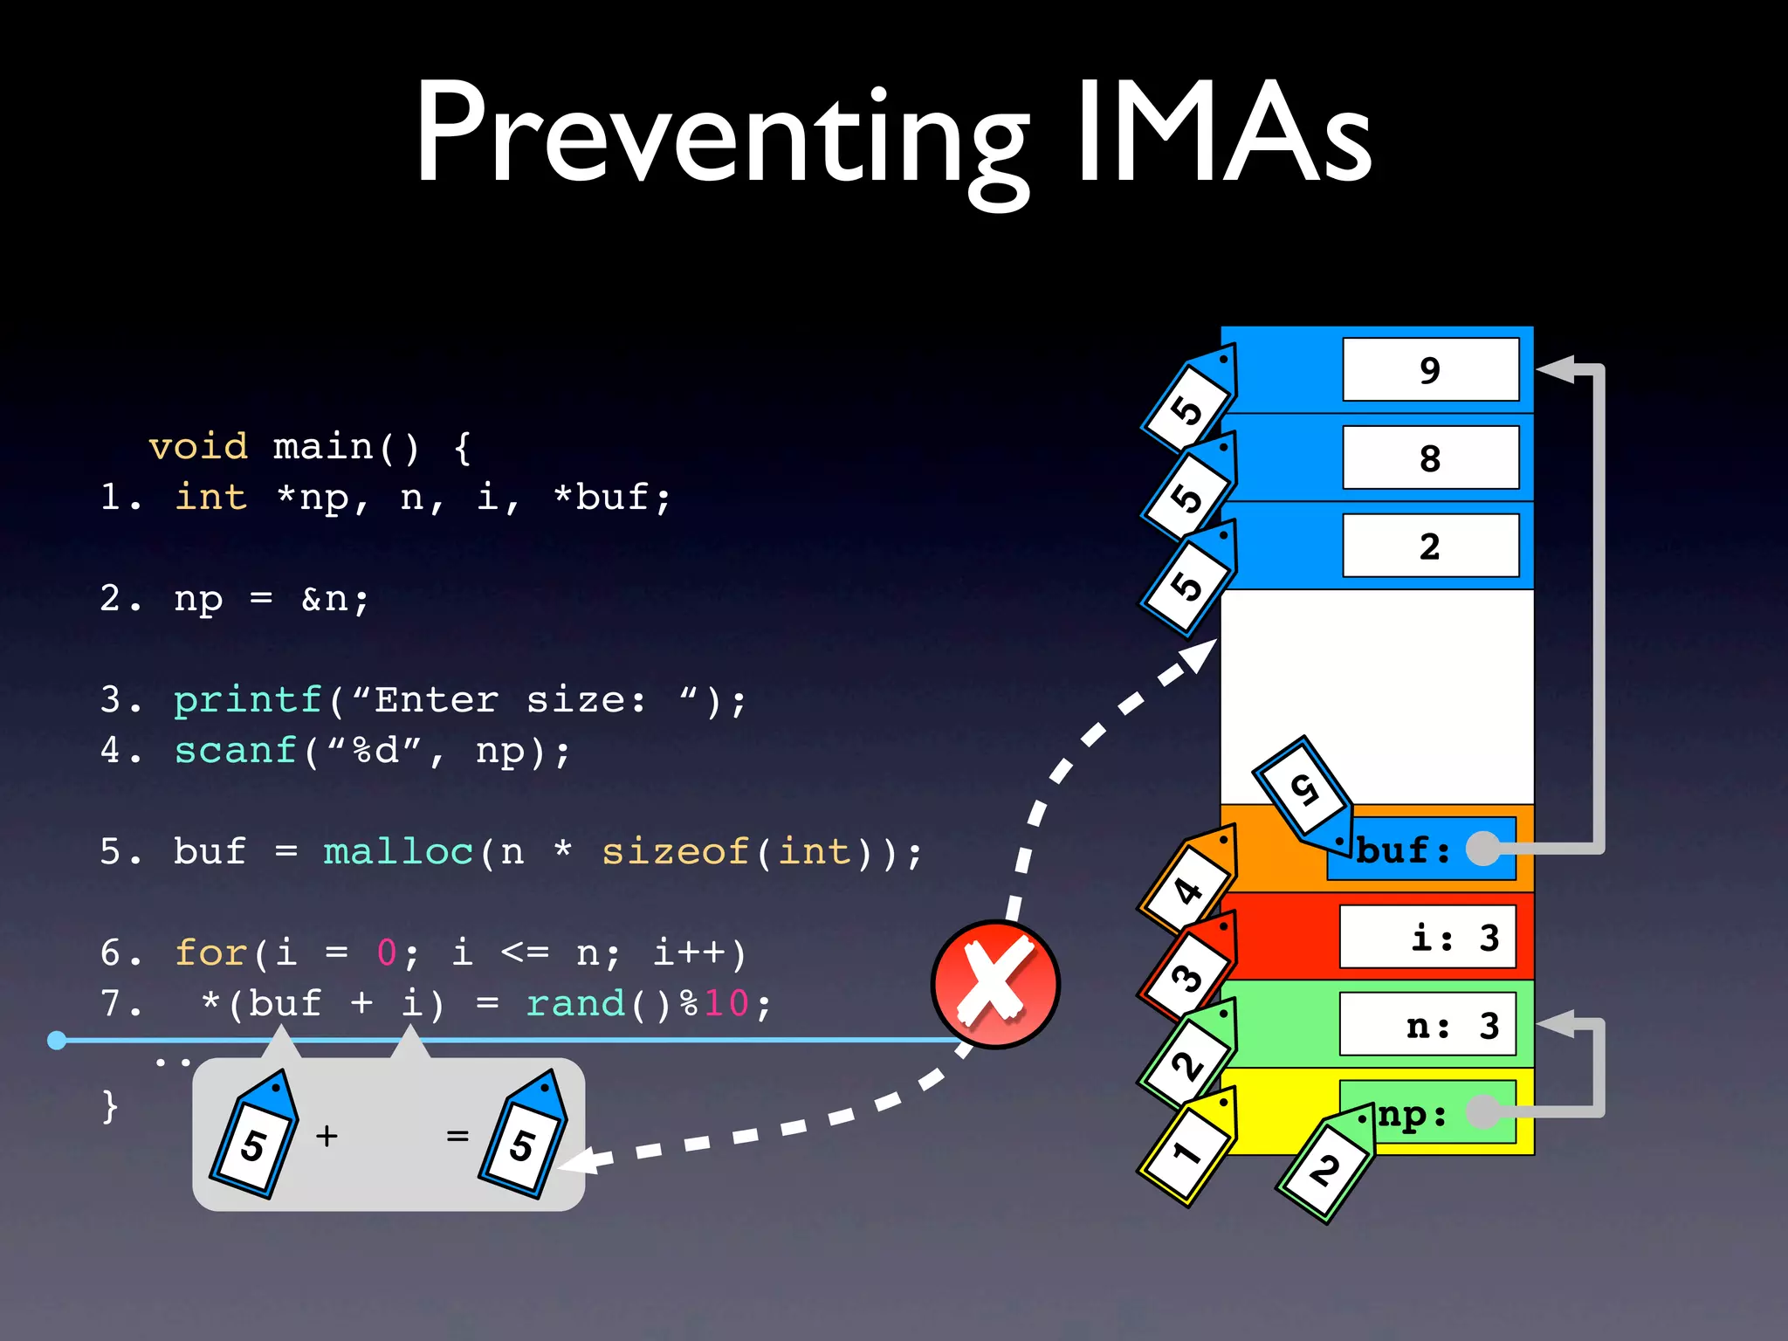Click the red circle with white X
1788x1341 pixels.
[x=995, y=985]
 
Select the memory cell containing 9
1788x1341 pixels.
[x=1430, y=370]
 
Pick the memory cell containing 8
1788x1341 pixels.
[x=1430, y=458]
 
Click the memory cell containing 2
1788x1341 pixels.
[x=1430, y=547]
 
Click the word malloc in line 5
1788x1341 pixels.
[x=398, y=852]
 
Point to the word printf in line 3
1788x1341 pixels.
[x=248, y=700]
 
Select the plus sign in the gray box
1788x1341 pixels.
[x=327, y=1136]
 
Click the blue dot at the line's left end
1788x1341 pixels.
[x=57, y=1040]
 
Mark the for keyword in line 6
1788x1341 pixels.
[x=212, y=952]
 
